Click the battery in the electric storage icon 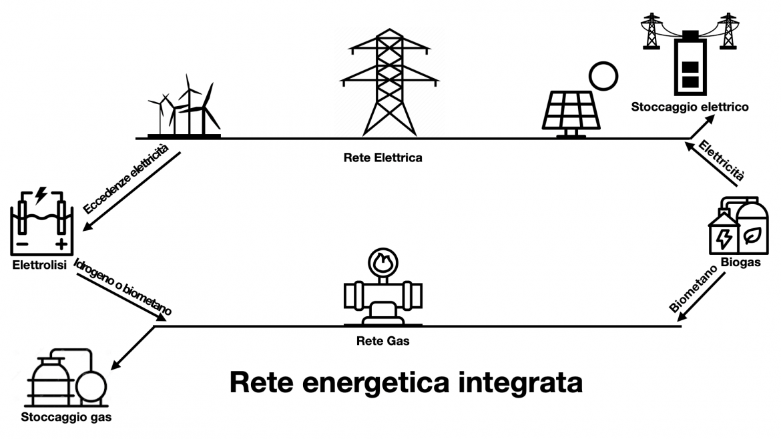(690, 64)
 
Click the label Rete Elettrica (382, 158)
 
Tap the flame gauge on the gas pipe (382, 262)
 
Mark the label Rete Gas (382, 342)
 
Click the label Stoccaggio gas (65, 418)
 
